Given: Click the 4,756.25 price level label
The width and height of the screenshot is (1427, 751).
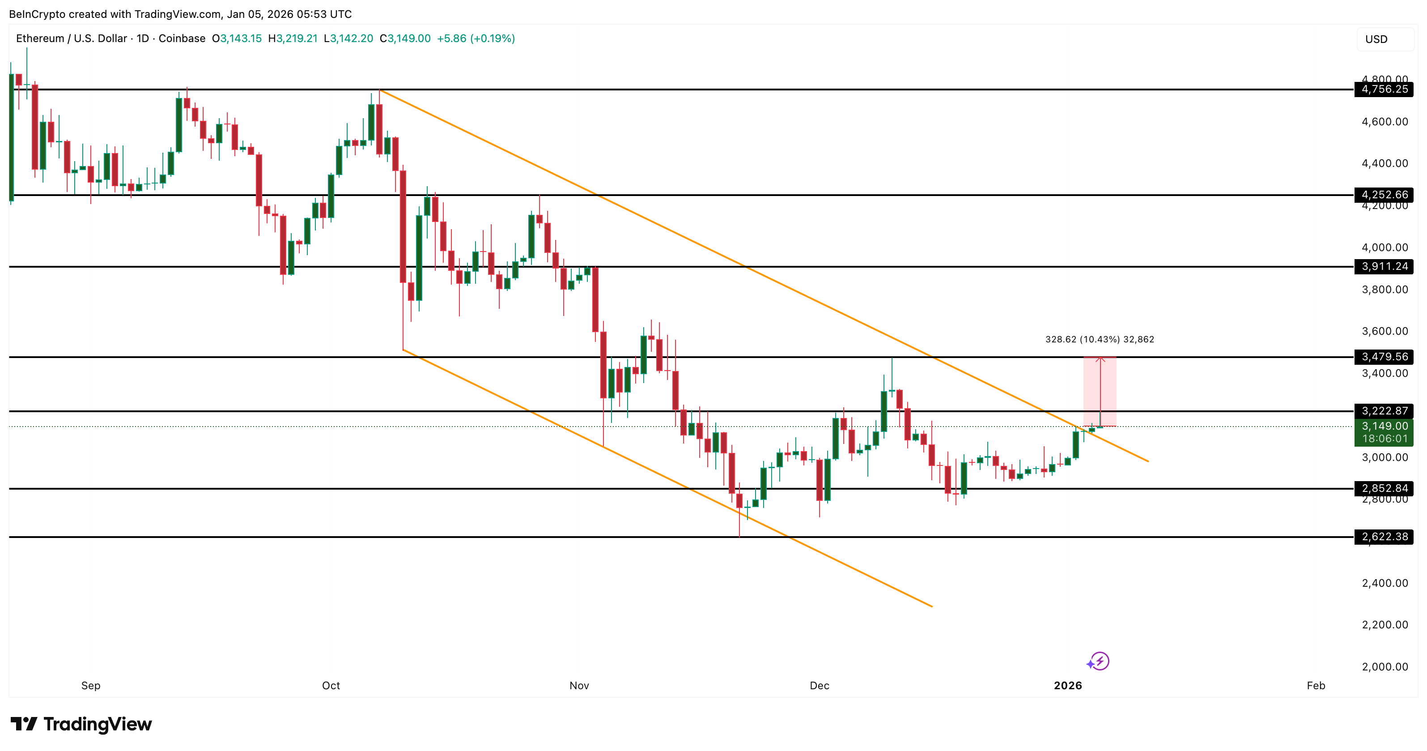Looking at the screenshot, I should click(x=1384, y=89).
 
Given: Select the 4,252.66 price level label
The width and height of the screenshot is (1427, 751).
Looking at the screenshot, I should click(x=1384, y=195).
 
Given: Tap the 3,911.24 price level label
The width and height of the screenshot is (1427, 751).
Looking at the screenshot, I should click(x=1384, y=267).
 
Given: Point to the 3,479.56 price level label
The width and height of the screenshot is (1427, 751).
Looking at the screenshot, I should click(x=1384, y=357).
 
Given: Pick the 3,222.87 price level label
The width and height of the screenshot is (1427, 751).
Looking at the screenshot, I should click(x=1384, y=411).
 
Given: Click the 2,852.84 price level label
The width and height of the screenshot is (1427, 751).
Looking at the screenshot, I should click(x=1384, y=488).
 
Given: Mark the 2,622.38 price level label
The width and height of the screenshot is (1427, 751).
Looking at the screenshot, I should click(x=1384, y=537).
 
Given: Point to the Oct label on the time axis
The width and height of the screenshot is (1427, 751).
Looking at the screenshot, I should click(x=331, y=686).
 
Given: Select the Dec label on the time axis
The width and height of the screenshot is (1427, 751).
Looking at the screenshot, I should click(x=820, y=686).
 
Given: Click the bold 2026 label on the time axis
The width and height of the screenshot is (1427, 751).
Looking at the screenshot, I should click(x=1067, y=686).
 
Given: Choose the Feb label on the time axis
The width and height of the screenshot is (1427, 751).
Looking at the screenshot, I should click(x=1316, y=686).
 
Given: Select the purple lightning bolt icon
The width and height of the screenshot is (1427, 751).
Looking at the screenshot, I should click(x=1100, y=661).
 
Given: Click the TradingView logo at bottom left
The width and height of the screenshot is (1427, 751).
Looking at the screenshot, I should click(x=81, y=724).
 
